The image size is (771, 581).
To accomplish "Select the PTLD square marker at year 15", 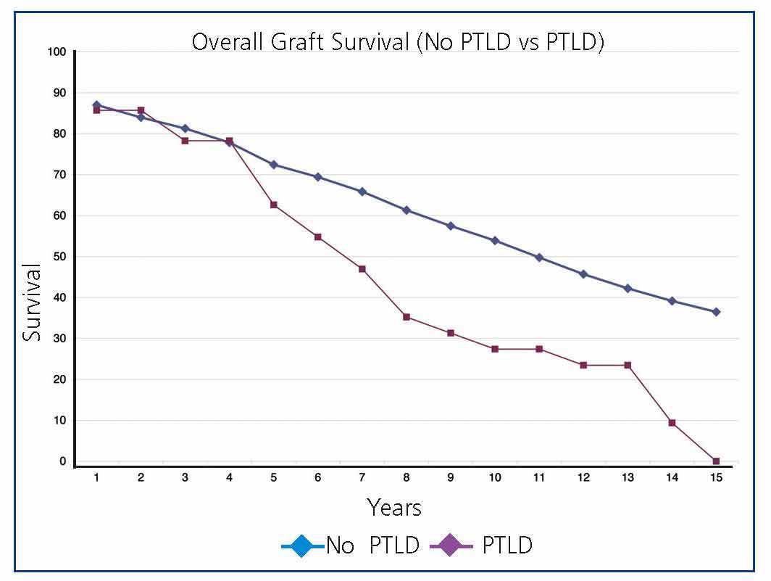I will click(x=716, y=461).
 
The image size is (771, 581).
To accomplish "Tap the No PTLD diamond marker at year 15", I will click(x=716, y=312).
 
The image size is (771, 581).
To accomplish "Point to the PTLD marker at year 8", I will click(x=407, y=317).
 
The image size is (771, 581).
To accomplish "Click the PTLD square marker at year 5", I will click(x=273, y=205).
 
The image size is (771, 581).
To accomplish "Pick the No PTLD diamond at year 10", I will click(x=495, y=241).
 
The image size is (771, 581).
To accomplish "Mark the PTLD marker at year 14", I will click(x=672, y=423).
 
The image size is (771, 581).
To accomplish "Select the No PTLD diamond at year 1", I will click(x=96, y=105).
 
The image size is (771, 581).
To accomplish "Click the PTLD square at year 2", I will click(x=141, y=110).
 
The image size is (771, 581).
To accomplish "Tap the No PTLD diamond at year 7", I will click(x=362, y=191).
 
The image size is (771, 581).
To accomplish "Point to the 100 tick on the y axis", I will click(x=58, y=52).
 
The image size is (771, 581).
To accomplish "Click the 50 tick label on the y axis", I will click(x=59, y=257).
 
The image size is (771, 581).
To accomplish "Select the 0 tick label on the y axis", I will click(x=63, y=461).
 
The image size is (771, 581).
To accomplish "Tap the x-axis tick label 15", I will click(x=716, y=478).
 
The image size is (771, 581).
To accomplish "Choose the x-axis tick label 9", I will click(x=451, y=478).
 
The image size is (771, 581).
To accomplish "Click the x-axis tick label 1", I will click(x=96, y=478).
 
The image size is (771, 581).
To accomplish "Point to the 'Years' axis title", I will click(x=393, y=507).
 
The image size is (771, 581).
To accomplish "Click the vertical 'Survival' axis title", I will click(x=31, y=302).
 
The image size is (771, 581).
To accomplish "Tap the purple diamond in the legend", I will click(x=450, y=545).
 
